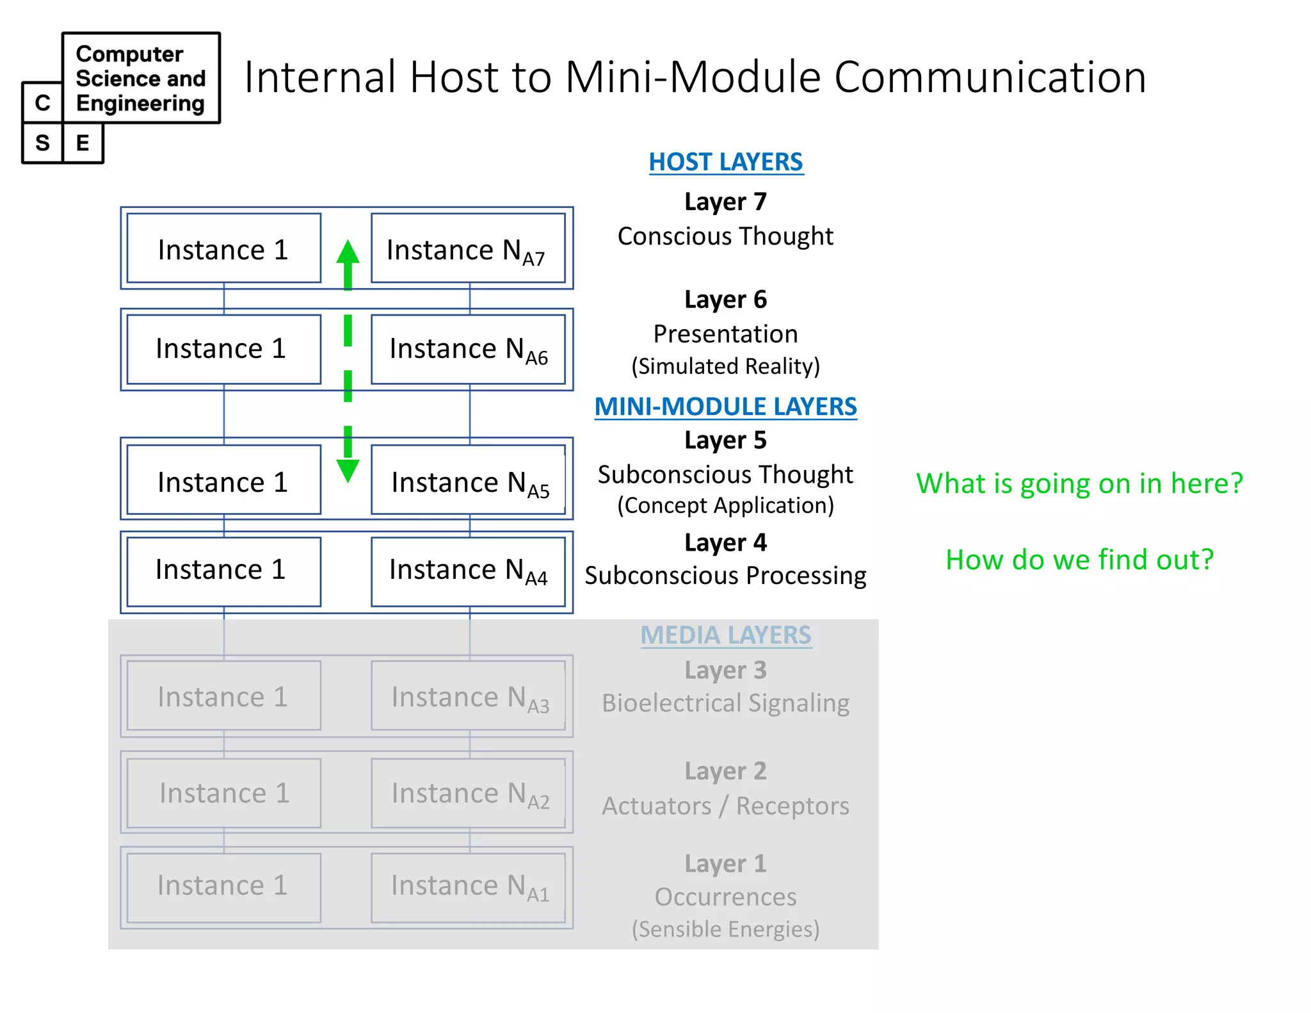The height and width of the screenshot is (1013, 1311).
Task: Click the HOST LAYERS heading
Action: coord(725,162)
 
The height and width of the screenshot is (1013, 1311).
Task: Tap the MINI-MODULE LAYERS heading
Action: coord(725,407)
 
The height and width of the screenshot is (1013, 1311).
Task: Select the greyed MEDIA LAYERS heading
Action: coord(725,635)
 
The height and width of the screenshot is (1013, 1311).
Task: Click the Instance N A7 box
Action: coord(468,248)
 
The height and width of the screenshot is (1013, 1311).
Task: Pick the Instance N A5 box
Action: coord(468,480)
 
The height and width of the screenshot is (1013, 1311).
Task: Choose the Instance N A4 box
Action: coord(468,571)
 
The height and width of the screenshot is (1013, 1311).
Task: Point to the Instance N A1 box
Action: coord(468,887)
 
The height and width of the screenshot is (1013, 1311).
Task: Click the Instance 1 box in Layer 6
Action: coord(223,349)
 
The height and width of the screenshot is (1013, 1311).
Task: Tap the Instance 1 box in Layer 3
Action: coord(223,696)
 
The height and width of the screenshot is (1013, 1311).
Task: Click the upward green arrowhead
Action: coord(348,252)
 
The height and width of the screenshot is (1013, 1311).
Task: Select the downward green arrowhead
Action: coord(348,471)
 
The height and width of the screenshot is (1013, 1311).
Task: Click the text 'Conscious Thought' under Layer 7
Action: coord(725,236)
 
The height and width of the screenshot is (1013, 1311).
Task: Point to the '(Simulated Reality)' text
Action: coord(725,366)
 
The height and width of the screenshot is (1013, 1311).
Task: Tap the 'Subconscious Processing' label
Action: coord(725,576)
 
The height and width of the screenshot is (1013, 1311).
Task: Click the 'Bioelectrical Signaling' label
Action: coord(725,703)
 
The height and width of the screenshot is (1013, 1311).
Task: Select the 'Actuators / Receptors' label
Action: coord(725,806)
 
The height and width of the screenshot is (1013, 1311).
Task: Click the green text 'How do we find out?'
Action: coord(1079,560)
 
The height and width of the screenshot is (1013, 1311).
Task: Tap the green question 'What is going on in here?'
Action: coord(1079,483)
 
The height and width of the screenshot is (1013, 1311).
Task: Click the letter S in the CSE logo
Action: coord(42,143)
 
